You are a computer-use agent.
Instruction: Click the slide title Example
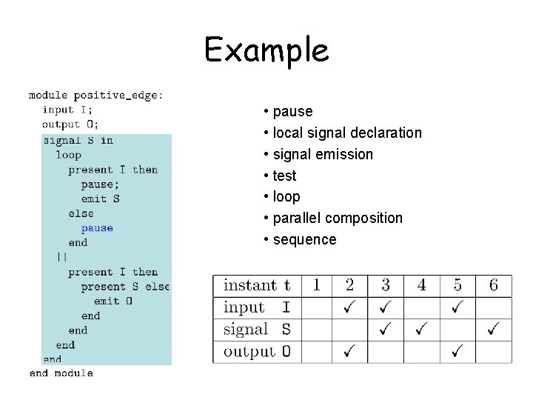[266, 50]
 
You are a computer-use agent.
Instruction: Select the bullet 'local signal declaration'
[346, 133]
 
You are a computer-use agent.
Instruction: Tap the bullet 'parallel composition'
[338, 218]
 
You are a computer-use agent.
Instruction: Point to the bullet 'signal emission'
[323, 154]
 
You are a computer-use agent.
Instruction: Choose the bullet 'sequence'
[304, 239]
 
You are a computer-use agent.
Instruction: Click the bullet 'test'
[284, 176]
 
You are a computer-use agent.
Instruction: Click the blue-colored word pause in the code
[97, 228]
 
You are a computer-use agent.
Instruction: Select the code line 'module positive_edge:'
[96, 96]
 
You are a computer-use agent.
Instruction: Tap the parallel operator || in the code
[61, 257]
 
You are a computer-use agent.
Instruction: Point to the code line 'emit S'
[100, 199]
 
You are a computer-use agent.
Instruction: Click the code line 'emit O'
[113, 301]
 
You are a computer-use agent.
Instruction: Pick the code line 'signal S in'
[78, 140]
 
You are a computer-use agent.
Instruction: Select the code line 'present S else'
[124, 287]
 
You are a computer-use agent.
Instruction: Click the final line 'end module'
[61, 373]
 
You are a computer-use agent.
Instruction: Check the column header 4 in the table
[421, 285]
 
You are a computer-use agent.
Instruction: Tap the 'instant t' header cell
[257, 285]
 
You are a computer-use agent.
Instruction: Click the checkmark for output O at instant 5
[457, 350]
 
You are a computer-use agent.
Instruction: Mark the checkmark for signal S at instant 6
[494, 329]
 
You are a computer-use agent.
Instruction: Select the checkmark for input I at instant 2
[349, 307]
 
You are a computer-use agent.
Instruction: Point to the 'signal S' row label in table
[257, 329]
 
